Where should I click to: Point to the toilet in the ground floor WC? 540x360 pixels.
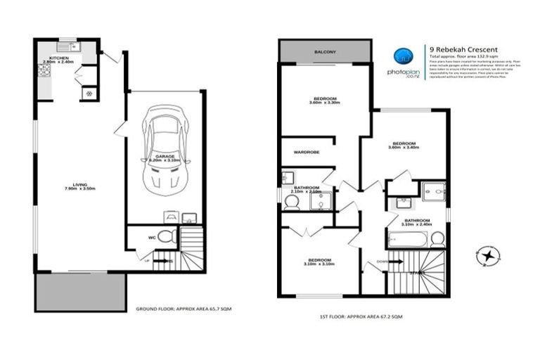tap(166, 237)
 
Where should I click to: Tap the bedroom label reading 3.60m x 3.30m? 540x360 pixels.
tap(323, 101)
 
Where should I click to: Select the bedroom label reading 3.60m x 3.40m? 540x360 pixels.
tap(403, 145)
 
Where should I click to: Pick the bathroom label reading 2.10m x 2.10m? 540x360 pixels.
tap(307, 189)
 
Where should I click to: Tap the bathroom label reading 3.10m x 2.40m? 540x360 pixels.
tap(416, 223)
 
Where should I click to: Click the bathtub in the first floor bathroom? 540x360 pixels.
tap(407, 240)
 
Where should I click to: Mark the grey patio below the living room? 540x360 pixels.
tap(80, 292)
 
